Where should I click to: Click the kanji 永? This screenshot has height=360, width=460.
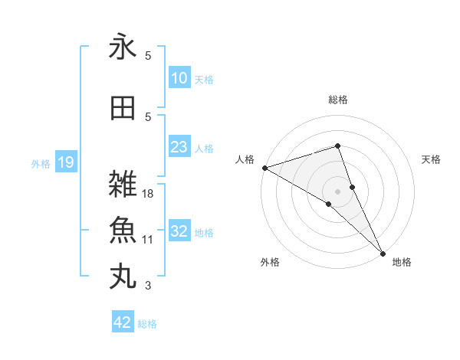123,47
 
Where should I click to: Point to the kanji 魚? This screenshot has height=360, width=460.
123,231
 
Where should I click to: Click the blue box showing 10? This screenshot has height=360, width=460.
179,78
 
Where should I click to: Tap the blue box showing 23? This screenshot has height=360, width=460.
179,147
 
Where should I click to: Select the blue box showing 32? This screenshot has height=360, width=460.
179,231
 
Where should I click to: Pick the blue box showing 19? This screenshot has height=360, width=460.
66,162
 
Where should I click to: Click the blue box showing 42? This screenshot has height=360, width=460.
123,322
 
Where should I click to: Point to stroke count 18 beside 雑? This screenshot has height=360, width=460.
149,194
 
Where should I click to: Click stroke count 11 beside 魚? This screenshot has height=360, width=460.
149,240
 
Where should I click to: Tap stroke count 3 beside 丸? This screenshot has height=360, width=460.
149,286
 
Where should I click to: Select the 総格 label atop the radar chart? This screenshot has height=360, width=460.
338,100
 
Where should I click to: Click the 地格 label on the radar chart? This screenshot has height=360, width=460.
402,262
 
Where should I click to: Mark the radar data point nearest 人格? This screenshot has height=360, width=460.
264,168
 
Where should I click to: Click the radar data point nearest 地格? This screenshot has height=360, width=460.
383,252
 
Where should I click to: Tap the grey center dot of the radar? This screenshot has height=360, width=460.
338,190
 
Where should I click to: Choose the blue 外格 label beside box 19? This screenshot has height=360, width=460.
41,163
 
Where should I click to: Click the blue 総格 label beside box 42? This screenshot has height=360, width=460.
147,324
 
